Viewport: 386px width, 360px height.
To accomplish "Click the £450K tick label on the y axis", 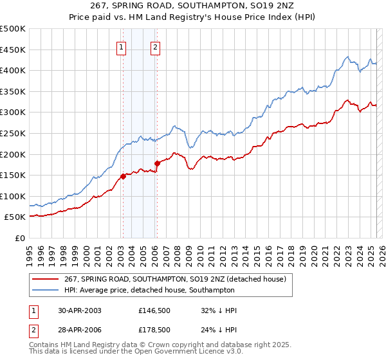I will (x=13, y=50).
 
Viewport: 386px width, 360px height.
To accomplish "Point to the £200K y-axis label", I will (x=13, y=154).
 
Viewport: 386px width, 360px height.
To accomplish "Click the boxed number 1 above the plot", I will (x=122, y=46).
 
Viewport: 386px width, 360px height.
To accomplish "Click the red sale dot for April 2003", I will (x=123, y=176).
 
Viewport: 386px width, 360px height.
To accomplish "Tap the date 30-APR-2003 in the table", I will (x=79, y=310).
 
